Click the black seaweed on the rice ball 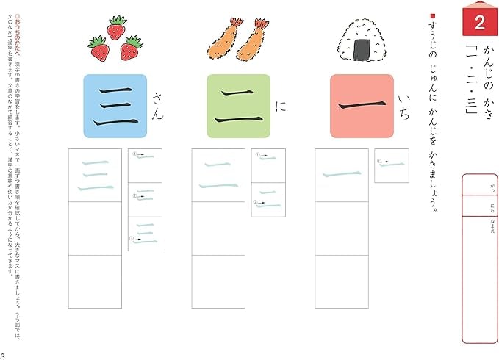362,48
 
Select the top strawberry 116,28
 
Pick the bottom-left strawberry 99,50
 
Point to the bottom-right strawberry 132,48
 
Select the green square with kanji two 238,106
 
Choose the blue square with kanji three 115,106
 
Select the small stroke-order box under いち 391,165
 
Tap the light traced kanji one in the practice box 341,175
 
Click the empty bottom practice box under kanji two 218,281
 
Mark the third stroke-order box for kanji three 145,234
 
